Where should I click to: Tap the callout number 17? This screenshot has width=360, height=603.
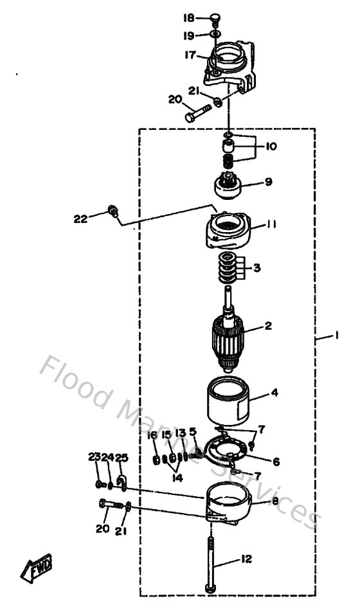click(190, 55)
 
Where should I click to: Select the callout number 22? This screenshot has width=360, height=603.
click(80, 219)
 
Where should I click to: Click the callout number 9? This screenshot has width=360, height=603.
click(268, 182)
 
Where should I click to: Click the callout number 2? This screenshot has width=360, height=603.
click(268, 327)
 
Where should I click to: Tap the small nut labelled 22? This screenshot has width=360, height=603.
click(113, 210)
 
